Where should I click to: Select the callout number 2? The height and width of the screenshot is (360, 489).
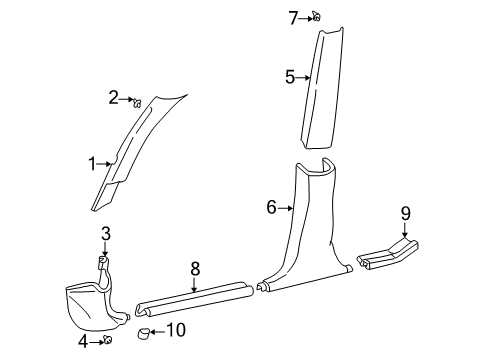pos(115,97)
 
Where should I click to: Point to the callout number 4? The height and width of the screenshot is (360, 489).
pos(85,342)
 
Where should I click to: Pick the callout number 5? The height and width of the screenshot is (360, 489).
pos(290,76)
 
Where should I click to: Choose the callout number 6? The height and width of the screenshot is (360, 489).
pos(271,208)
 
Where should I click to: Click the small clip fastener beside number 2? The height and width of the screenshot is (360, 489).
pos(137,100)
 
